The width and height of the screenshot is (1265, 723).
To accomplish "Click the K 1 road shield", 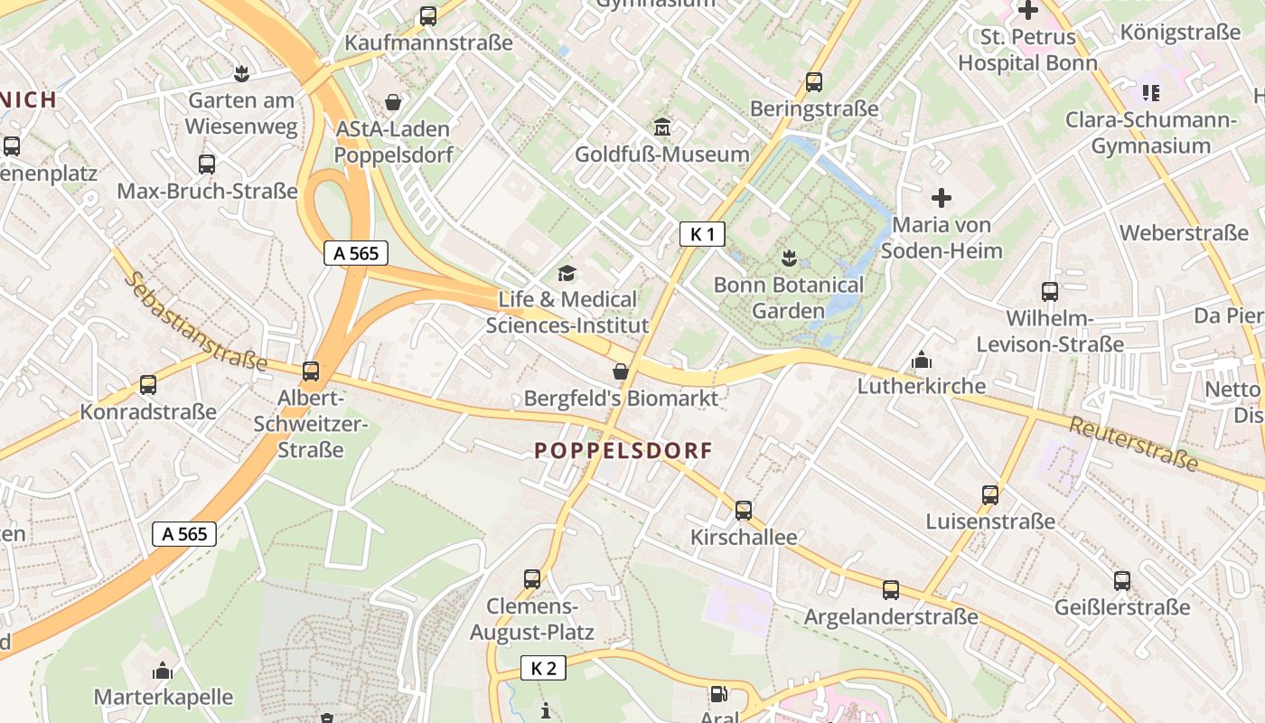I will (x=702, y=235).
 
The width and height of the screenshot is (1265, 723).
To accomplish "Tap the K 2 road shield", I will (x=543, y=669).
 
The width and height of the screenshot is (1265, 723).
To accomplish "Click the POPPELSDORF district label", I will (x=623, y=450).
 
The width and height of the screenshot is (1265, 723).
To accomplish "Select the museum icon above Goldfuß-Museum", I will (x=662, y=127).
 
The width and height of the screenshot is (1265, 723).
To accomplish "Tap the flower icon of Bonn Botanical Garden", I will (x=790, y=258).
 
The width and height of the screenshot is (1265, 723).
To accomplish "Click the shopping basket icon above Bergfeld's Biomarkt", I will (x=621, y=371).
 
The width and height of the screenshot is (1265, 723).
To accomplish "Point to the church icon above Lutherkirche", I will (x=922, y=360).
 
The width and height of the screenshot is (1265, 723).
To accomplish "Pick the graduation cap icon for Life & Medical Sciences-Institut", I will (x=567, y=273).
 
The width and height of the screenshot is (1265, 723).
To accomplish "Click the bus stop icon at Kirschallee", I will (x=744, y=511).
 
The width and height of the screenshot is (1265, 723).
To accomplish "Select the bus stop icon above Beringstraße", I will (x=814, y=82).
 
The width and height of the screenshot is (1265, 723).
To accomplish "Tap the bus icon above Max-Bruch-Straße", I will (x=207, y=164).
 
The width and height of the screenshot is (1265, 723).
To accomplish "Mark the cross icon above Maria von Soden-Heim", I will (x=942, y=198).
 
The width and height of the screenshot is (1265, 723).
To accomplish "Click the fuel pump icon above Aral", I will (x=719, y=694).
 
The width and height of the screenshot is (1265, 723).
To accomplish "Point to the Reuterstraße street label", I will (x=1134, y=445).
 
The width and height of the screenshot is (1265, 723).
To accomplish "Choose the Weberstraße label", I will (x=1184, y=233).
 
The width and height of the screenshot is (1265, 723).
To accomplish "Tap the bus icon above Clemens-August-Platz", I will (x=532, y=579).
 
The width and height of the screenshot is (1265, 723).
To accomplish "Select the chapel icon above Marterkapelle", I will (x=163, y=671).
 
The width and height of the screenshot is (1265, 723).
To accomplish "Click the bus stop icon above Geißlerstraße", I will (x=1122, y=581).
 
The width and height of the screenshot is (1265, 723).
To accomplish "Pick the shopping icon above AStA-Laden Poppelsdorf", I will (x=393, y=102).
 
